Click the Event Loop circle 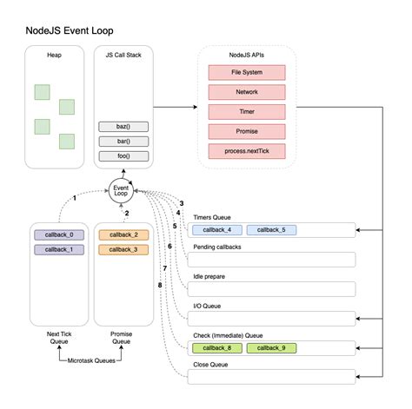pyautogui.click(x=123, y=189)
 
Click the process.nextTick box pyautogui.click(x=247, y=152)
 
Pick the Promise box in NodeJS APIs pyautogui.click(x=247, y=132)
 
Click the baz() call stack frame pyautogui.click(x=123, y=127)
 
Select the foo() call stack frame pyautogui.click(x=123, y=155)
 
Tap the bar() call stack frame pyautogui.click(x=123, y=141)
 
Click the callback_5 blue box pyautogui.click(x=271, y=230)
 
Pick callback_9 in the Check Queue pyautogui.click(x=271, y=348)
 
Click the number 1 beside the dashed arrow pyautogui.click(x=76, y=199)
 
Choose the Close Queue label pyautogui.click(x=211, y=365)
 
